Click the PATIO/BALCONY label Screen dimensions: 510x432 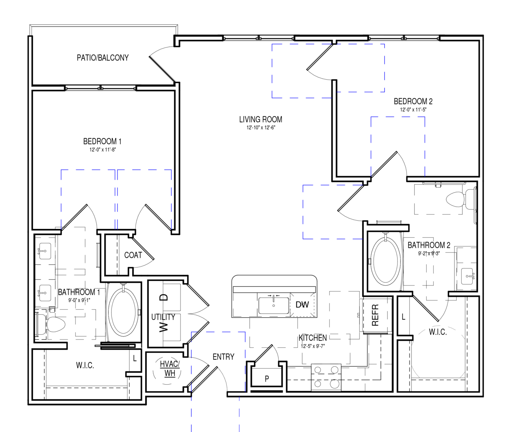point(103,58)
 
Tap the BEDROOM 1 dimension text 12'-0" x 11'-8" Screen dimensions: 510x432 point(103,150)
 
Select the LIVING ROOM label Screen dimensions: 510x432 point(261,120)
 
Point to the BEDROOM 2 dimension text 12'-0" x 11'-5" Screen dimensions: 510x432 point(413,110)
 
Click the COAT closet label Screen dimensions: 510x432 point(133,255)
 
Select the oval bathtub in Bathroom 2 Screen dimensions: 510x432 point(386,261)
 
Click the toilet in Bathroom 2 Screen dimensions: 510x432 point(460,199)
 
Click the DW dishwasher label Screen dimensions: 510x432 point(302,305)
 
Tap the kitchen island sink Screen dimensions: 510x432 point(274,305)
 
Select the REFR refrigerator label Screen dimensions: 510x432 point(375,315)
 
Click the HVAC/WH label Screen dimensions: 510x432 point(170,369)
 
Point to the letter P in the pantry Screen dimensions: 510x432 point(267,379)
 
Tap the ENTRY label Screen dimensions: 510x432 point(223,357)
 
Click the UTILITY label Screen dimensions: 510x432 point(163,317)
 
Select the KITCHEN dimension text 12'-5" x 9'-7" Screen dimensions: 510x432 point(313,346)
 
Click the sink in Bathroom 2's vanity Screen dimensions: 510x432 point(467,276)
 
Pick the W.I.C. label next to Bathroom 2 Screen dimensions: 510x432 point(438,332)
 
